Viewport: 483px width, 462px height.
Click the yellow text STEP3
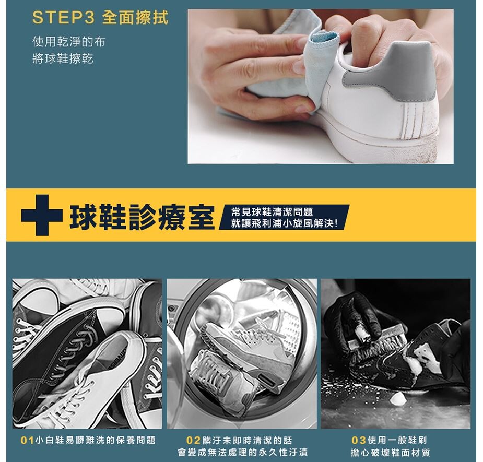pyautogui.click(x=63, y=18)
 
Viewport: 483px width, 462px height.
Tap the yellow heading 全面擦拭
pyautogui.click(x=135, y=18)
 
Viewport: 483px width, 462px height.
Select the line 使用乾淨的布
pyautogui.click(x=69, y=42)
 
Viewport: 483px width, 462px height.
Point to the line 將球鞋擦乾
pyautogui.click(x=63, y=58)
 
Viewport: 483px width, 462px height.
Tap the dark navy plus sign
pyautogui.click(x=42, y=215)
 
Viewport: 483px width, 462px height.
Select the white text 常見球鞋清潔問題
pyautogui.click(x=272, y=212)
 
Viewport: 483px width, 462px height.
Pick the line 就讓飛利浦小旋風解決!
pyautogui.click(x=284, y=223)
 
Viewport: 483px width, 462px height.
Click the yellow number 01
pyautogui.click(x=27, y=440)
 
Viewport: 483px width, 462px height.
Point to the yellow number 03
pyautogui.click(x=359, y=440)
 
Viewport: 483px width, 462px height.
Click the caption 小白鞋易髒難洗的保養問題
pyautogui.click(x=96, y=440)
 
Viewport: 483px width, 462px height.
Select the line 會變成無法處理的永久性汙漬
pyautogui.click(x=242, y=452)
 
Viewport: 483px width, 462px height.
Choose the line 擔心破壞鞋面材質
pyautogui.click(x=390, y=453)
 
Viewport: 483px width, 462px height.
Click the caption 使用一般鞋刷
pyautogui.click(x=397, y=440)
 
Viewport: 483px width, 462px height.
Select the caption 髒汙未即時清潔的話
pyautogui.click(x=247, y=440)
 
